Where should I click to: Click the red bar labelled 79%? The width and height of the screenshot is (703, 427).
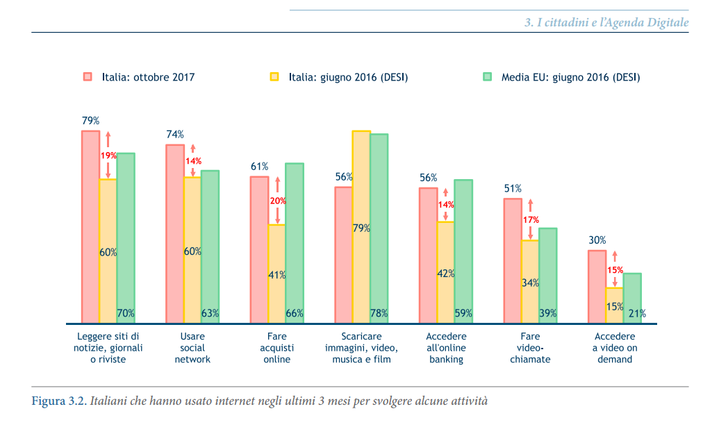pos(90,226)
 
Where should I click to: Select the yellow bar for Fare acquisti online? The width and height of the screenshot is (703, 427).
pos(276,274)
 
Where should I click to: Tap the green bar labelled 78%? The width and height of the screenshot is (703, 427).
pos(379,228)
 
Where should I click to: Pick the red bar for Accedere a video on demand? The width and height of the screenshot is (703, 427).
pos(597,287)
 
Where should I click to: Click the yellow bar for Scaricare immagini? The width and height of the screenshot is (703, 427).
pos(361,226)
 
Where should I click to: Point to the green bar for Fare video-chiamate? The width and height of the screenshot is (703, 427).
pos(547,276)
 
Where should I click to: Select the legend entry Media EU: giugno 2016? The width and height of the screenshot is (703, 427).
pos(570,77)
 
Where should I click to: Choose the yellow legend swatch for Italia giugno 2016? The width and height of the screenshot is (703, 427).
pos(274,76)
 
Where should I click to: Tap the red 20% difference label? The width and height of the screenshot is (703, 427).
pos(278,201)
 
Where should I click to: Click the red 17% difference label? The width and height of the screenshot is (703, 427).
pos(531,219)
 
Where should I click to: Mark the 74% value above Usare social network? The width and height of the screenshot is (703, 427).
pos(175,135)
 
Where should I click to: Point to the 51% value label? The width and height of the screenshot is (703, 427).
pos(513,188)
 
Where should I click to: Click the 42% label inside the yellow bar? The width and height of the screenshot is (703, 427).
pos(445,274)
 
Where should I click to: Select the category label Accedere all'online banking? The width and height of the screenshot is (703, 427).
pos(446,348)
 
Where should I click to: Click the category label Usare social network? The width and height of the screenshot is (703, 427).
pos(192,348)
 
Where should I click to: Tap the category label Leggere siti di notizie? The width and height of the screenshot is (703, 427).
pos(108,348)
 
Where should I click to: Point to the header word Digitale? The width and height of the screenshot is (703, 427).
pos(667,23)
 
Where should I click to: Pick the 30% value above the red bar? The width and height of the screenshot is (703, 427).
pos(597,240)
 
